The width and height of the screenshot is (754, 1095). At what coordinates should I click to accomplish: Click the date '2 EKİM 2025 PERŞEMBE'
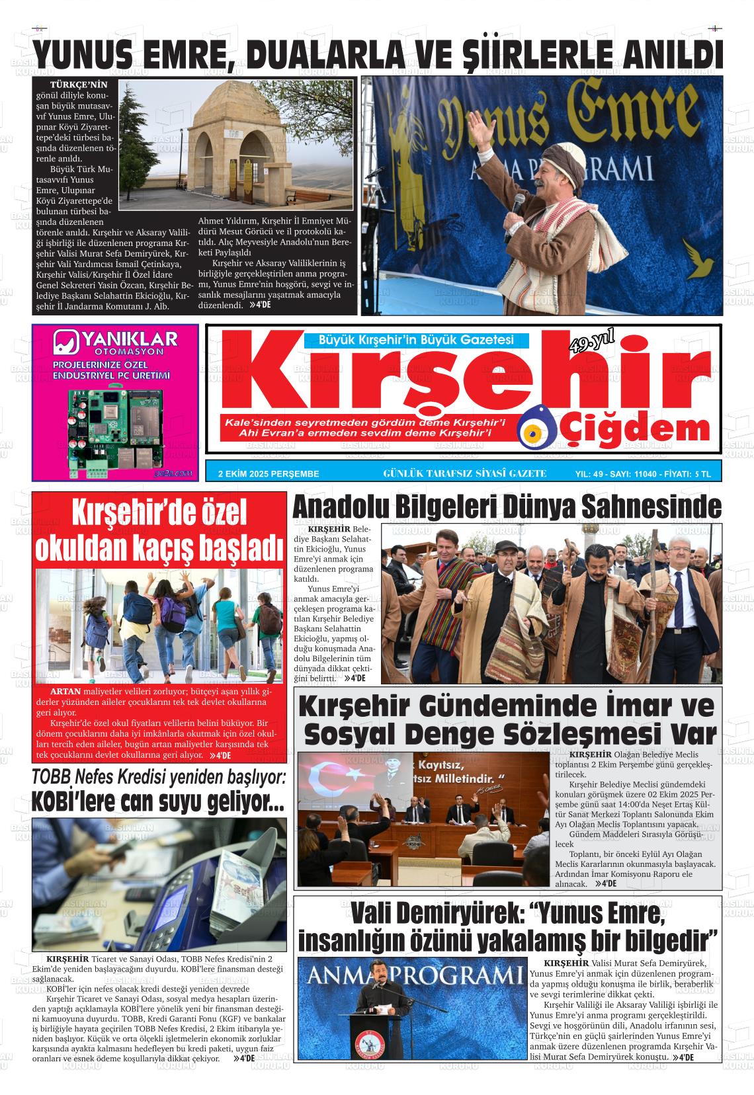click(x=269, y=473)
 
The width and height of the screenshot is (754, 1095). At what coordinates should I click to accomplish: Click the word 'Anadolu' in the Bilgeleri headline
click(x=341, y=508)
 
